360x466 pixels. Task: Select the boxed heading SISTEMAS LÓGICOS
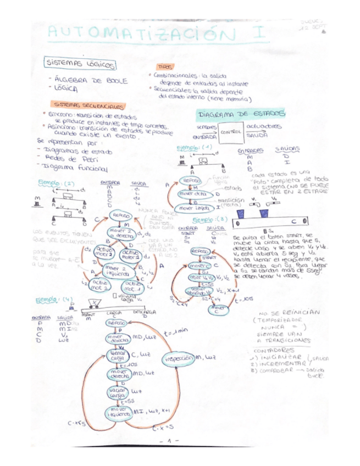81,64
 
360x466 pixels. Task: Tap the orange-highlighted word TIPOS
165,66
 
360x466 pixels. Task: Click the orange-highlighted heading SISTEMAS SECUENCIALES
88,104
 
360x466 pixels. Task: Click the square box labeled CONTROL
230,132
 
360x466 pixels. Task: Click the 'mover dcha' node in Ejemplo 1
193,194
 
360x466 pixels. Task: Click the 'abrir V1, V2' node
203,278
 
